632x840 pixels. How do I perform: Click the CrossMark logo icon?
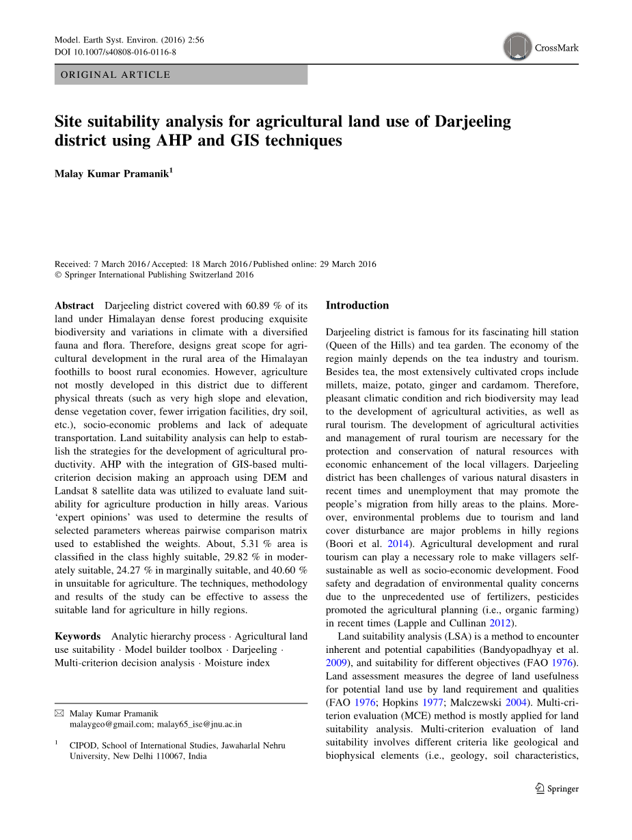click(518, 47)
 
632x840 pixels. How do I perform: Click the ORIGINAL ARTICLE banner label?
click(115, 75)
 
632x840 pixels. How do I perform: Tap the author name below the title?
click(112, 174)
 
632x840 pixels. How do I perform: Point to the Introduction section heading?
click(357, 305)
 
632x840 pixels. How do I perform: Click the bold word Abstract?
click(74, 305)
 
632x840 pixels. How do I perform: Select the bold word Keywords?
click(77, 636)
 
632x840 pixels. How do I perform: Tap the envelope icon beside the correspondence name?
click(59, 713)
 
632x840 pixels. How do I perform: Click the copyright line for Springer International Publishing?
click(154, 275)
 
